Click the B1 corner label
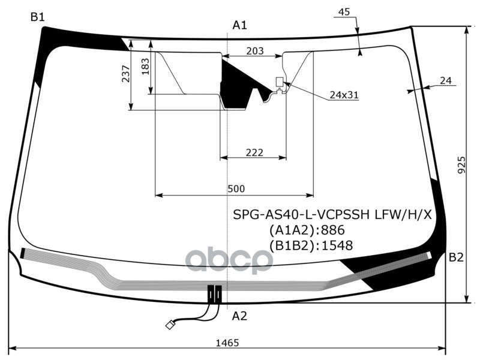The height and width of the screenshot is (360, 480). click(38, 17)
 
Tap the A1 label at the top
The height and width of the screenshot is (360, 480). click(240, 25)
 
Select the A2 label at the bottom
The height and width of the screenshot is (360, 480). click(239, 316)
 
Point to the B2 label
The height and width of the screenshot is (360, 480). click(457, 257)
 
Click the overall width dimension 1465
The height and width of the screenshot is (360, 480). click(228, 343)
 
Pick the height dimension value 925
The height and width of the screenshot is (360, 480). click(461, 162)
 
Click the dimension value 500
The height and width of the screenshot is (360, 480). click(236, 189)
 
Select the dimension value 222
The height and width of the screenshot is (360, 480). click(254, 152)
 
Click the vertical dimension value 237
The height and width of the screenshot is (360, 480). click(125, 74)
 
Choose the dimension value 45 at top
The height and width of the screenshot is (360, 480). click(344, 12)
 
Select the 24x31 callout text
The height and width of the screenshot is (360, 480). click(344, 95)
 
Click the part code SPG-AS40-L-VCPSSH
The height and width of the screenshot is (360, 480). click(302, 214)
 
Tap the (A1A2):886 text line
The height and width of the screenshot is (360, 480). click(307, 230)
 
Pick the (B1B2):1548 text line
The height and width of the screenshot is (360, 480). click(311, 245)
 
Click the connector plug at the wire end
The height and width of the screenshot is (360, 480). click(170, 325)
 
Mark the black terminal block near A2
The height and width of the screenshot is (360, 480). click(215, 293)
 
